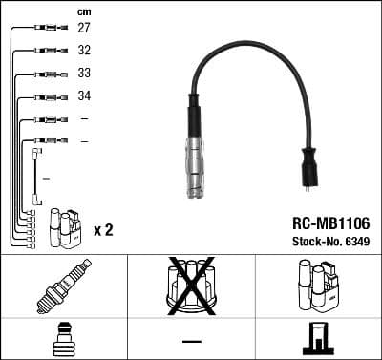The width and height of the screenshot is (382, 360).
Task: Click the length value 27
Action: pyautogui.click(x=84, y=29)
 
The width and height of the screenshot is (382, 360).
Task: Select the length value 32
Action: pyautogui.click(x=84, y=51)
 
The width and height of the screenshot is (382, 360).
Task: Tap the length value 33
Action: pyautogui.click(x=84, y=74)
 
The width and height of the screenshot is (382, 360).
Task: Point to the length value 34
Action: pyautogui.click(x=84, y=96)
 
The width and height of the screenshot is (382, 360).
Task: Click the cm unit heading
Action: pyautogui.click(x=84, y=11)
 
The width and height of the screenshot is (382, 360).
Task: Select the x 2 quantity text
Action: pyautogui.click(x=104, y=231)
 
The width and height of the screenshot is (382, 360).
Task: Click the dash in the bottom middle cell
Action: pyautogui.click(x=191, y=340)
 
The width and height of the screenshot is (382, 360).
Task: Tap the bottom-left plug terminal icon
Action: pyautogui.click(x=63, y=339)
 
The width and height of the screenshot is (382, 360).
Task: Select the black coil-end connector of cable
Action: pyautogui.click(x=310, y=168)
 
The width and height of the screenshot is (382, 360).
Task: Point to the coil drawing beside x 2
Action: pyautogui.click(x=65, y=229)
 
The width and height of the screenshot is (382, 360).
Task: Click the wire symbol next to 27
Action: pyautogui.click(x=48, y=29)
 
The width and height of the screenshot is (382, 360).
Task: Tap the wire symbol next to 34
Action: pyautogui.click(x=48, y=96)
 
